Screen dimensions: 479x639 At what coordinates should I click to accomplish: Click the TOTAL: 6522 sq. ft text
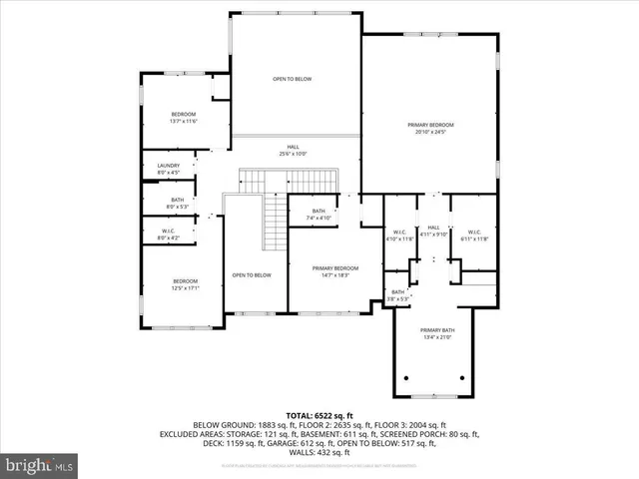pos(319,414)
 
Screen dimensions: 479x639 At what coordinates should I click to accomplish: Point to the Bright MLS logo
pos(40,464)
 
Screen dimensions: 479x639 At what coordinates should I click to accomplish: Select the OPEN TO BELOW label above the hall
pos(293,78)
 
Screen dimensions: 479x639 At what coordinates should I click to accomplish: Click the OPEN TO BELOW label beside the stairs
pos(252,275)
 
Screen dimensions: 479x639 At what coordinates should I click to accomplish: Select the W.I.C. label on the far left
pos(168,235)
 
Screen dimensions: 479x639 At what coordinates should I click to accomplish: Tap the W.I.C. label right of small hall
pos(473,234)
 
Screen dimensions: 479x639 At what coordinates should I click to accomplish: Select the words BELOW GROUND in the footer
pos(218,424)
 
